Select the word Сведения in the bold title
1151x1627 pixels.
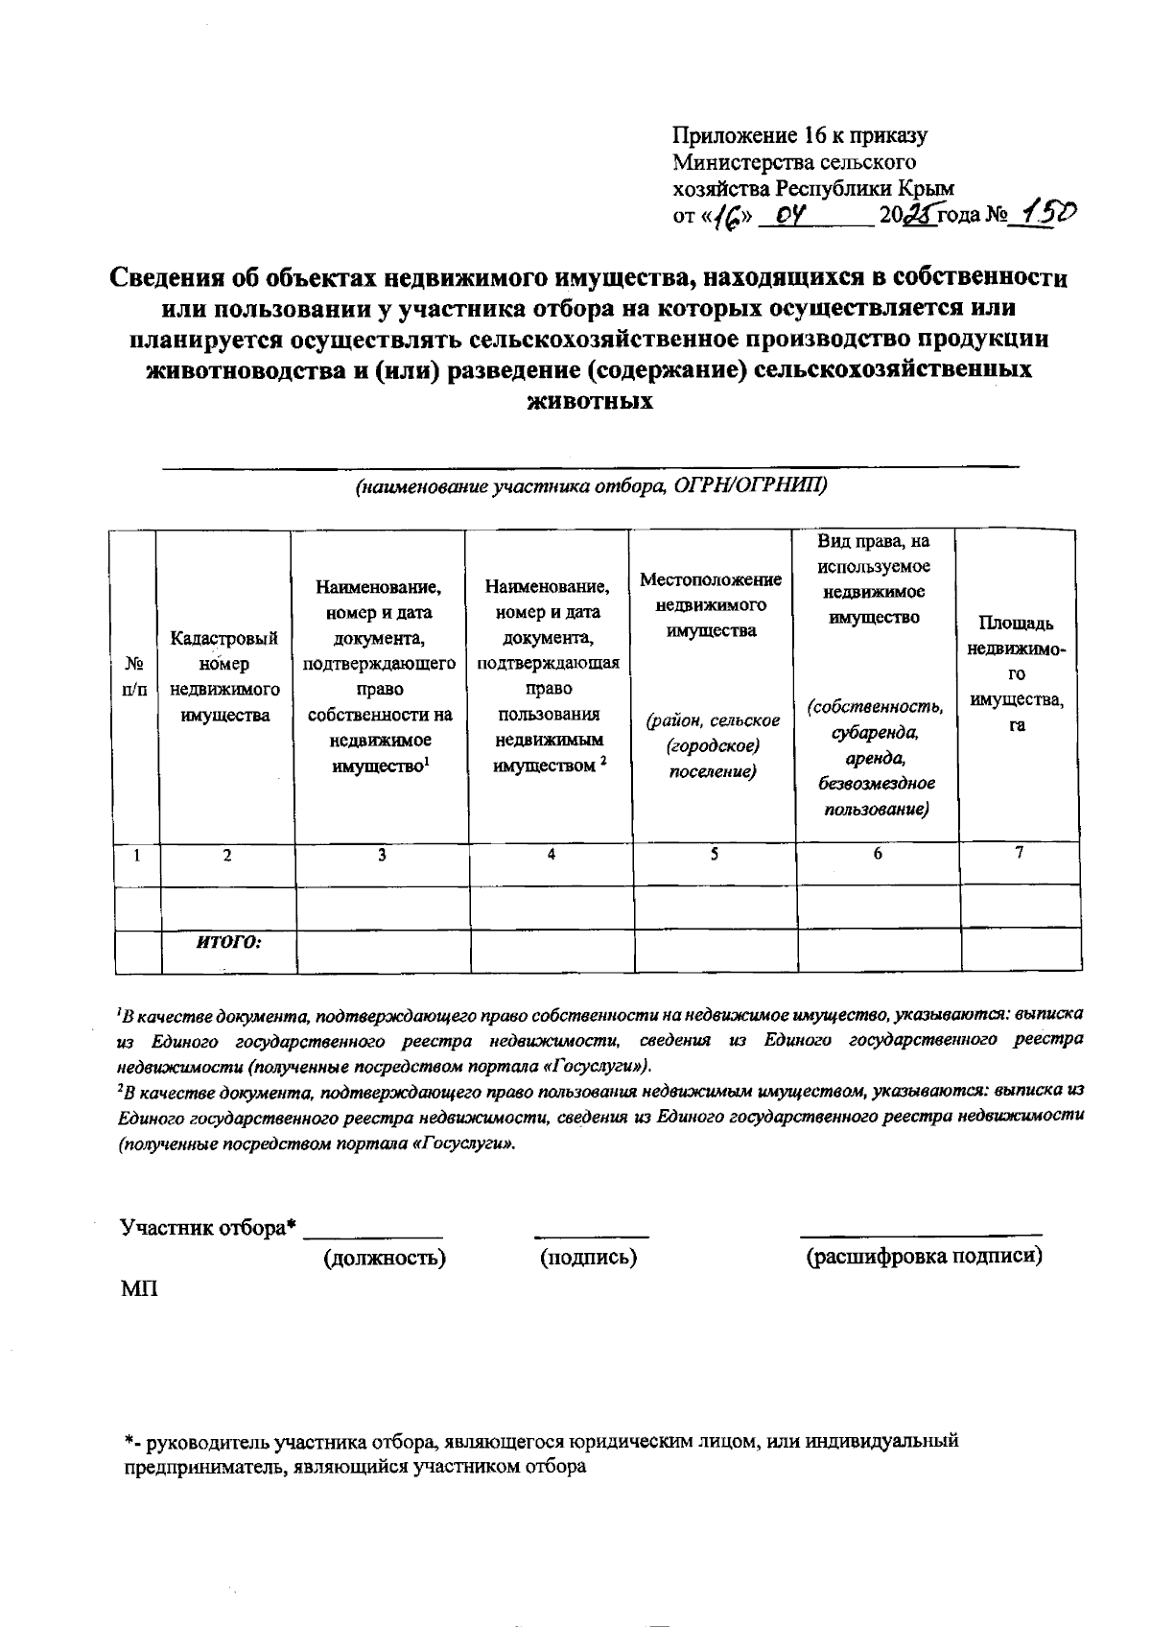coord(170,278)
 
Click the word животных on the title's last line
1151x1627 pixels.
coord(590,401)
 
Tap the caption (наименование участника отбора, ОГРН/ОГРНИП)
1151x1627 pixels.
coord(591,486)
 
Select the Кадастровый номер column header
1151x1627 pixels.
coord(224,676)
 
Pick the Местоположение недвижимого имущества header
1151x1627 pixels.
coord(711,605)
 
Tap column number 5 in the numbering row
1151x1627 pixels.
coord(715,854)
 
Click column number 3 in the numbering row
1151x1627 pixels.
coord(382,854)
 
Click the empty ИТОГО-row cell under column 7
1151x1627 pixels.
coord(1021,949)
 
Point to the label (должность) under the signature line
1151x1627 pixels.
coord(384,1257)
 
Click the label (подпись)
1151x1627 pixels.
coord(589,1257)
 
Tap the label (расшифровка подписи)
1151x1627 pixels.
coord(924,1257)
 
